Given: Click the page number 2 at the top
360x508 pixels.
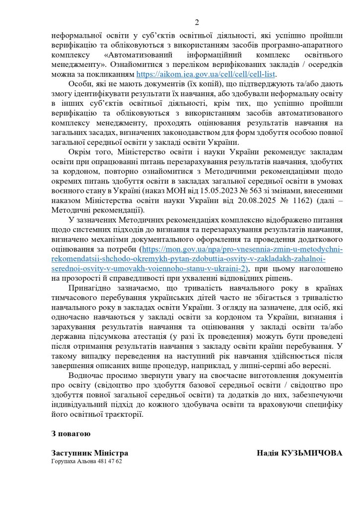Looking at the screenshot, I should [197, 22].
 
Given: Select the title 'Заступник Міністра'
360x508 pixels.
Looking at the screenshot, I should [89, 453].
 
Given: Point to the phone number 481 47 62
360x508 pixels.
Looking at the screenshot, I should [109, 461].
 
